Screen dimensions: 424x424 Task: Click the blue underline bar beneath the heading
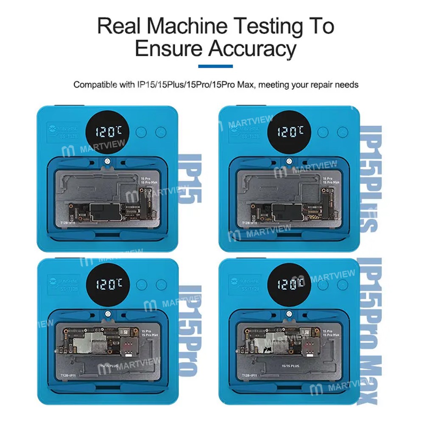point(215,67)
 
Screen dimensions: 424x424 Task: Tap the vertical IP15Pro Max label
point(370,331)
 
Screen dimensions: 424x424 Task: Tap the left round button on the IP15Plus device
point(324,132)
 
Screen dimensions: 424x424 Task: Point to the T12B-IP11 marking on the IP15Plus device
point(249,223)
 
